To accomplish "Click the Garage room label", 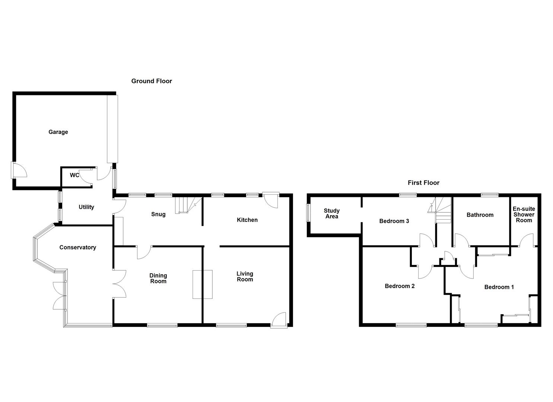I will coord(58,132).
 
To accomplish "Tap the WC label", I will coord(74,175).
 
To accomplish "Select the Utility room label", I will coord(86,207).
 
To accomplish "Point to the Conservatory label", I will coord(77,247).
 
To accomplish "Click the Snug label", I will coord(158,214).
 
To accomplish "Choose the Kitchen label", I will coord(247,220).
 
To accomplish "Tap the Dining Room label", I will coord(158,278).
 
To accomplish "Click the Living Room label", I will coord(245,277).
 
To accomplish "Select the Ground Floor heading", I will coord(152,81).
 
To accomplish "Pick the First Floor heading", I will coord(423,182).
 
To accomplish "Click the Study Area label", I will coord(331,214).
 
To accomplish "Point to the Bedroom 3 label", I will coord(394,221).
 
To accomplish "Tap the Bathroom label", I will coord(480,215).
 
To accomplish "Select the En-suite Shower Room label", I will coord(524,214).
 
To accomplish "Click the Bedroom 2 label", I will coord(400,286).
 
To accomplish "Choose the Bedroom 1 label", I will coord(499,287).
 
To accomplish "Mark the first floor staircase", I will coord(442,210).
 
